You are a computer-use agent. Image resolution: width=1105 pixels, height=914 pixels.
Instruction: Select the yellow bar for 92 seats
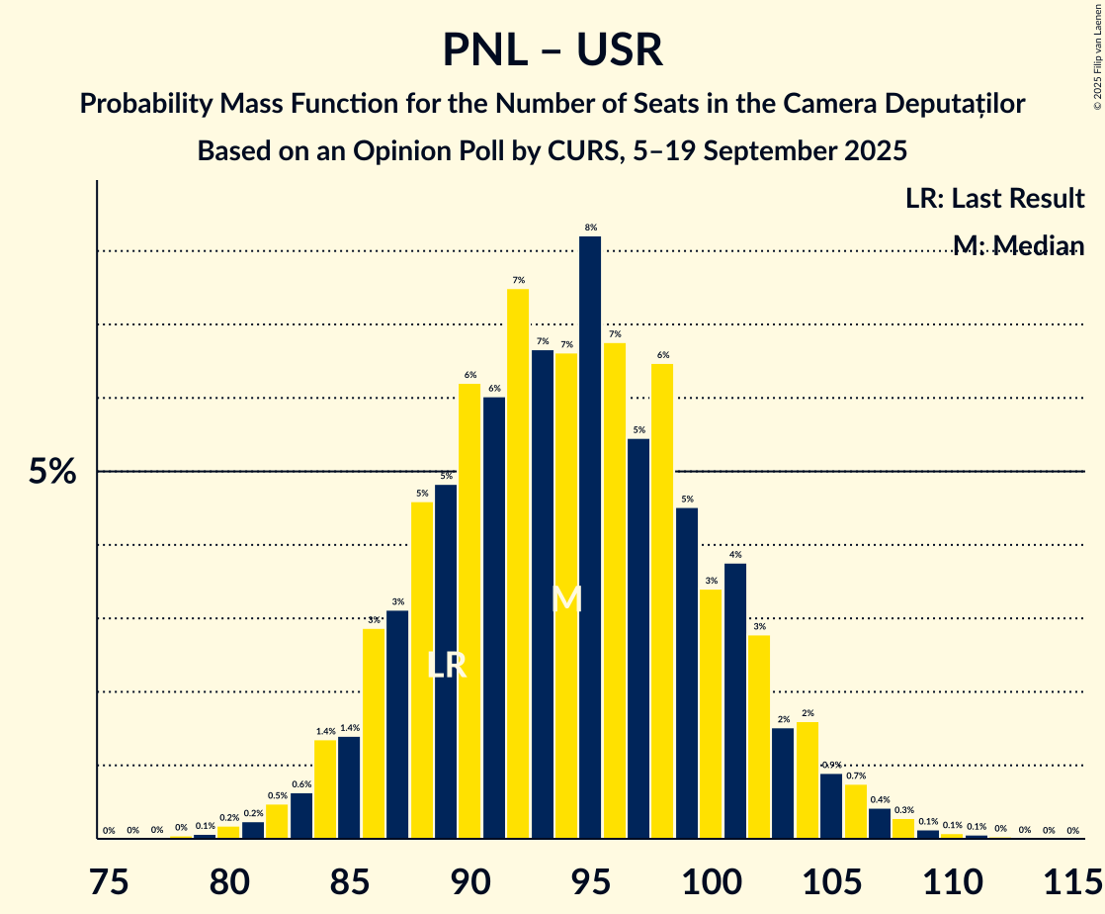click(x=518, y=564)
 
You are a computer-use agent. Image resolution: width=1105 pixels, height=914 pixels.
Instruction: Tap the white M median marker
click(x=566, y=598)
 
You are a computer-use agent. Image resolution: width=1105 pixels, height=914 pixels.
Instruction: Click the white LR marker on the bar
click(x=446, y=665)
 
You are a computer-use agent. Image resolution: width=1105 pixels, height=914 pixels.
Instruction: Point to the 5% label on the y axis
click(x=52, y=472)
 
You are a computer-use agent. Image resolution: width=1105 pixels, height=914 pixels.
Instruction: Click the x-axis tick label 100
click(x=711, y=878)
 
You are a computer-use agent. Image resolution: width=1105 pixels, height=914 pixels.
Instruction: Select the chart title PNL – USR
click(x=552, y=49)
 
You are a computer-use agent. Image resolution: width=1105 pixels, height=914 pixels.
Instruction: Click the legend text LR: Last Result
click(x=994, y=199)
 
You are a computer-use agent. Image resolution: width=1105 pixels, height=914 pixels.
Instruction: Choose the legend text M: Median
click(x=1018, y=246)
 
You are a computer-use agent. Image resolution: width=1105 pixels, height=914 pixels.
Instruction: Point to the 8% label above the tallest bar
click(x=591, y=228)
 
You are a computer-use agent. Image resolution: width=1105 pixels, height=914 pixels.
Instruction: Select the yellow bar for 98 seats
click(x=662, y=601)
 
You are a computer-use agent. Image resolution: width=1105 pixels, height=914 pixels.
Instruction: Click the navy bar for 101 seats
click(x=734, y=701)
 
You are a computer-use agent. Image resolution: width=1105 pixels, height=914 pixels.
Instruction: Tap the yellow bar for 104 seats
click(x=807, y=780)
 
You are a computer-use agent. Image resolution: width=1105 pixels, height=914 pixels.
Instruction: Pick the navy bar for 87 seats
click(x=397, y=725)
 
